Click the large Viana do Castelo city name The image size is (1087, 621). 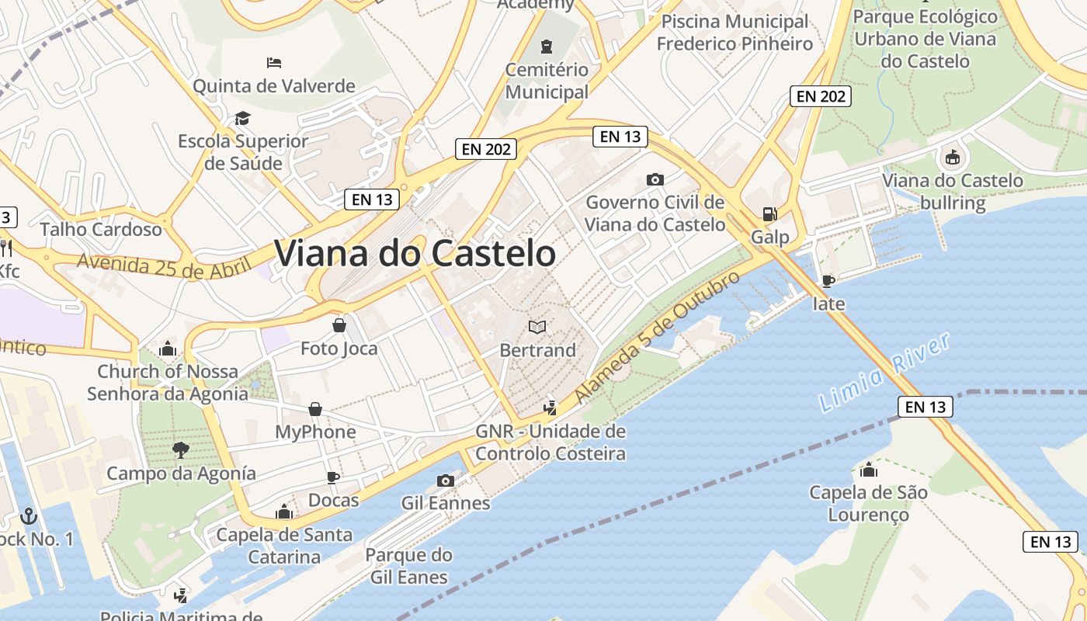pos(415,253)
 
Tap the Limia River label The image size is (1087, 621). pos(885,373)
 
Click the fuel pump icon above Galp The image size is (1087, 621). pos(769,213)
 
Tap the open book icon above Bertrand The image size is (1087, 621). pos(537,327)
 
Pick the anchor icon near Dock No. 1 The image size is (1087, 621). pos(29,515)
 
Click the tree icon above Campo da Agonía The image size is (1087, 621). pos(181,450)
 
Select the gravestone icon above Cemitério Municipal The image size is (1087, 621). pos(547,46)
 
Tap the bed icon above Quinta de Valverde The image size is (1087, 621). pos(273,62)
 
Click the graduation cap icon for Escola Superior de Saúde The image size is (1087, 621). pos(243,118)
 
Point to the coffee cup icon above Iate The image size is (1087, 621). pos(828,280)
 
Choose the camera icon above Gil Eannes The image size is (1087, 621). pos(445,480)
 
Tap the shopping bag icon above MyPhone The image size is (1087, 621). pos(316,408)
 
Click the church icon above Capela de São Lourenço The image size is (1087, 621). pos(868,470)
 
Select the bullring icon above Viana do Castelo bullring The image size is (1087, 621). pos(952,158)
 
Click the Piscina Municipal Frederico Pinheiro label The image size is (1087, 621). pos(735,33)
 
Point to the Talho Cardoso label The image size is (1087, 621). pos(101,229)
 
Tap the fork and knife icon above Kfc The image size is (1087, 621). pos(5,248)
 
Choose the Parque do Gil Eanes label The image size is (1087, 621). pos(408,566)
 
